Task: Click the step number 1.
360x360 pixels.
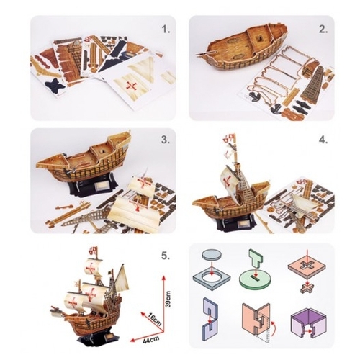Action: coord(166,30)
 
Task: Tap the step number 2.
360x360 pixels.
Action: coord(323,30)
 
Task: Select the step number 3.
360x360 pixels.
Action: coord(166,140)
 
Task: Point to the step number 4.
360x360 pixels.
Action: coord(323,140)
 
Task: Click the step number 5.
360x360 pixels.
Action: coord(166,256)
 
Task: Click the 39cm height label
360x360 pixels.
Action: coord(168,299)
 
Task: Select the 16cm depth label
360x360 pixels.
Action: coord(153,318)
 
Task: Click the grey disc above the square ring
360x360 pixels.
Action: coord(212,255)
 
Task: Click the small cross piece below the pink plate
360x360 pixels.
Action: coord(307,287)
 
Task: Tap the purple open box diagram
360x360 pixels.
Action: coord(307,323)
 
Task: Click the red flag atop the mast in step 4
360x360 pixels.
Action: coord(229,137)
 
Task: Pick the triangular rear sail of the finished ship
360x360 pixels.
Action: coord(122,276)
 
